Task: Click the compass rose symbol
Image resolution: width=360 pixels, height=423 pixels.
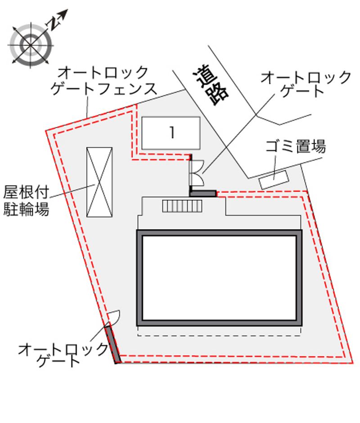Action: point(31,45)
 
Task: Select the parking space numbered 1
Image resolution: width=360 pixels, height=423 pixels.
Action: point(171,133)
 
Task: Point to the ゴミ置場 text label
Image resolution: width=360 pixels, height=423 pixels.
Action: point(296,146)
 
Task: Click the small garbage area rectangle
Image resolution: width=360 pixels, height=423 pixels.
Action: point(274,180)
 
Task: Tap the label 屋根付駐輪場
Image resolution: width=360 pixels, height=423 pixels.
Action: point(26,200)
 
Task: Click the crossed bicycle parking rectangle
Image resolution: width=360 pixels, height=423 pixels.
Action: point(99,182)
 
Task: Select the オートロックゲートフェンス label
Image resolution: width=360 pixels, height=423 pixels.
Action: point(104,81)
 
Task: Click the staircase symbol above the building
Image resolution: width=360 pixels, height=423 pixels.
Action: point(182,206)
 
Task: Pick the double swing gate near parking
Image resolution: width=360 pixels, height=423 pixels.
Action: point(197,173)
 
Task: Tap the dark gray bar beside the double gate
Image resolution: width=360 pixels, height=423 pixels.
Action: point(203,193)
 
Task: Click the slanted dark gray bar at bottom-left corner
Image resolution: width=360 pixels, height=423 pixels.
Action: point(113,344)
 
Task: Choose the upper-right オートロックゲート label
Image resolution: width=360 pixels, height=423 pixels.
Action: point(306,84)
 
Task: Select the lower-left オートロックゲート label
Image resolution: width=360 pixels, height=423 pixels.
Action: point(63,355)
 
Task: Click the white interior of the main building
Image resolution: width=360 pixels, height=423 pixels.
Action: point(219,278)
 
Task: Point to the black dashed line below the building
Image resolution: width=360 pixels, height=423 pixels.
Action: point(219,336)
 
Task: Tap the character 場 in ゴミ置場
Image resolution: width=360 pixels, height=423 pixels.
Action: point(319,146)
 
